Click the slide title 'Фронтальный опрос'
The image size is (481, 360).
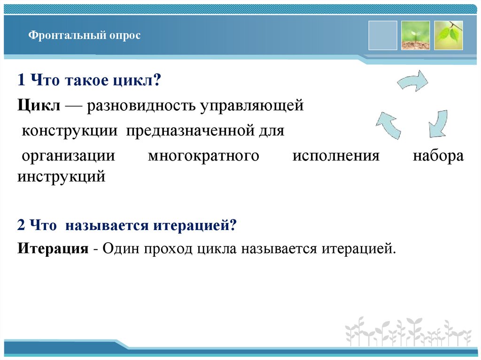pyautogui.click(x=84, y=36)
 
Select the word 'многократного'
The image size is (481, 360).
pyautogui.click(x=203, y=156)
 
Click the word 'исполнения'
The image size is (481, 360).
pyautogui.click(x=335, y=156)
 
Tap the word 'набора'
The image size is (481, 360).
pyautogui.click(x=438, y=156)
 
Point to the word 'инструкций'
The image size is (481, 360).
pyautogui.click(x=61, y=177)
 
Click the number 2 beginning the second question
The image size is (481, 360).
pyautogui.click(x=21, y=225)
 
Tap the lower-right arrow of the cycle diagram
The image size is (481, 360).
pyautogui.click(x=438, y=123)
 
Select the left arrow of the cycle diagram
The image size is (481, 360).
pyautogui.click(x=389, y=124)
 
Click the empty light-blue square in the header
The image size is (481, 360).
pyautogui.click(x=383, y=35)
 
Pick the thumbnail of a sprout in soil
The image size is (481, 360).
pyautogui.click(x=415, y=35)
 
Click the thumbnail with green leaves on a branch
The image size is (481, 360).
pyautogui.click(x=448, y=35)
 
